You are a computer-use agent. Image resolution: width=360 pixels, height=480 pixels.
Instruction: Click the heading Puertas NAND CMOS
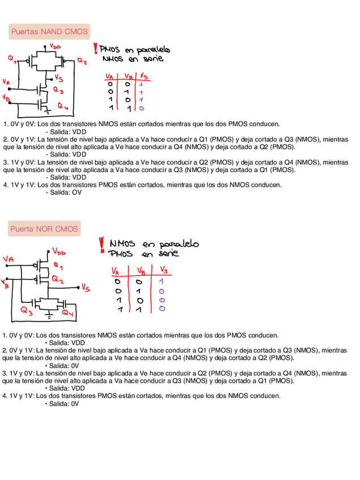(50, 32)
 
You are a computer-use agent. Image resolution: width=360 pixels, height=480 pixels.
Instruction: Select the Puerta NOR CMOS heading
(44, 229)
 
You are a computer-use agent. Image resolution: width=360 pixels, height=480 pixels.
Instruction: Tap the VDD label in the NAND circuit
(55, 46)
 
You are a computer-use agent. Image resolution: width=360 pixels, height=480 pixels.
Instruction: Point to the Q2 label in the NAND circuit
(82, 61)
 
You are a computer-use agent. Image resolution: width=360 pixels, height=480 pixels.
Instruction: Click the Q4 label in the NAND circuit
(63, 108)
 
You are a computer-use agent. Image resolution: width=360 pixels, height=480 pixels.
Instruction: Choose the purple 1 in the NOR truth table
(162, 281)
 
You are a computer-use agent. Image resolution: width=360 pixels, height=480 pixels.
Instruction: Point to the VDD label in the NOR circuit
(59, 251)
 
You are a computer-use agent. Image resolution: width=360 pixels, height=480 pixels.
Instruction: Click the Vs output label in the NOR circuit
(85, 288)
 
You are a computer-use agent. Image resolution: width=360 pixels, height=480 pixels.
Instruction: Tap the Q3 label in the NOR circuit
(27, 310)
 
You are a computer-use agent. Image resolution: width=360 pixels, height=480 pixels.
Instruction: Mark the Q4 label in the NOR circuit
(67, 313)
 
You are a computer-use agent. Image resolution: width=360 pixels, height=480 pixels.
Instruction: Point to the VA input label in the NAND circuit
(6, 82)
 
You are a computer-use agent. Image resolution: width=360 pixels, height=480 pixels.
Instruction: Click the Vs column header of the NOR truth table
(163, 270)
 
